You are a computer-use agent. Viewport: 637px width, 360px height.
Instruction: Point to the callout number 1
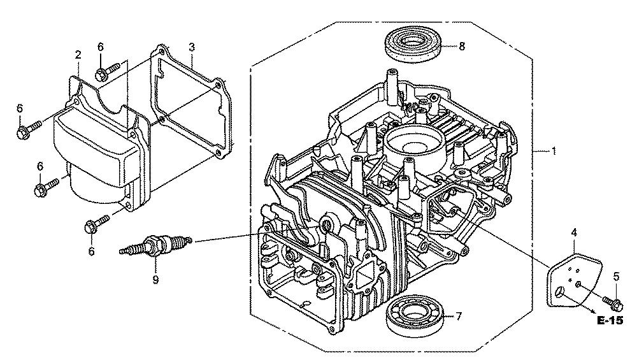pyautogui.click(x=554, y=151)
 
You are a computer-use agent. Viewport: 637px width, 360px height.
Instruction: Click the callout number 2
pyautogui.click(x=78, y=54)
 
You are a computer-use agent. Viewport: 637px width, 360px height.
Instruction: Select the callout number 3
pyautogui.click(x=191, y=47)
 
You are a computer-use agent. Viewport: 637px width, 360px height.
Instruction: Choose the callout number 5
pyautogui.click(x=616, y=276)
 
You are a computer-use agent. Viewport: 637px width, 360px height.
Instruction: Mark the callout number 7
pyautogui.click(x=457, y=316)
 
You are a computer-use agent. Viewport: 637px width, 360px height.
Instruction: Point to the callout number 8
pyautogui.click(x=462, y=46)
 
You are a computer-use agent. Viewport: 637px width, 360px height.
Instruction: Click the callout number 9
pyautogui.click(x=155, y=278)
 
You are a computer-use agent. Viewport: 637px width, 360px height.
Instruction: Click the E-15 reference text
pyautogui.click(x=610, y=321)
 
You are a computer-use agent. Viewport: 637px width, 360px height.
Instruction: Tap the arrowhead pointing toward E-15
pyautogui.click(x=594, y=312)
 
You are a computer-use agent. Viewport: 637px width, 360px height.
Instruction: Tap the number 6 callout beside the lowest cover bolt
pyautogui.click(x=91, y=252)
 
